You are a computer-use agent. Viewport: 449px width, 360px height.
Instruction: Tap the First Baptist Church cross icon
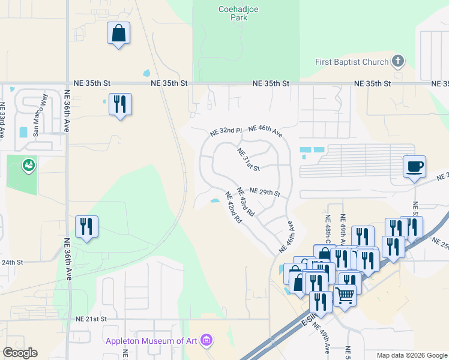point(397,61)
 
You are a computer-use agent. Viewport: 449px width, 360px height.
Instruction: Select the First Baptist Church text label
point(352,62)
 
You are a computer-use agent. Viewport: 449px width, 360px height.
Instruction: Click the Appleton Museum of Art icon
point(207,341)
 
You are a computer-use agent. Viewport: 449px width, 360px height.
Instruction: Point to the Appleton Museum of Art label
point(153,341)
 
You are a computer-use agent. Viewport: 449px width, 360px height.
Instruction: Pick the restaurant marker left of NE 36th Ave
point(87,226)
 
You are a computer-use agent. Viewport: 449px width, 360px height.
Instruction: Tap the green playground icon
point(28,165)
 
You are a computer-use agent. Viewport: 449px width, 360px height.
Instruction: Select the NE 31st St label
point(248,159)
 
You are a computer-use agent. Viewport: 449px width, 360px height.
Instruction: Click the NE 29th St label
point(265,192)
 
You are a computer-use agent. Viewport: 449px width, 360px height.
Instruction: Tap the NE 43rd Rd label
point(246,202)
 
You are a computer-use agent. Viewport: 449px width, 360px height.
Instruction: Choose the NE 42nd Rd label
point(234,208)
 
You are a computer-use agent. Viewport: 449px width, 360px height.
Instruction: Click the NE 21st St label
point(91,319)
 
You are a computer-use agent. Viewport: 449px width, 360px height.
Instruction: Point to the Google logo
point(20,352)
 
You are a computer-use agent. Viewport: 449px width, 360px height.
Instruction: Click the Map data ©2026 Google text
point(412,355)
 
